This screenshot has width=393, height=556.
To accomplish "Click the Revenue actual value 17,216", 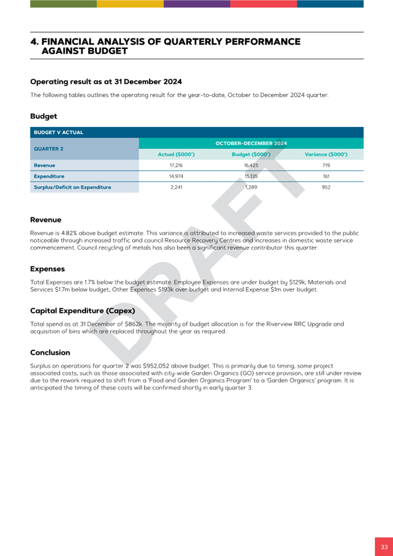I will pyautogui.click(x=176, y=165).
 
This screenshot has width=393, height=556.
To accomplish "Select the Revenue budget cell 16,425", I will pyautogui.click(x=251, y=165).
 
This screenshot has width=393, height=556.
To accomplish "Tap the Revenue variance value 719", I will pyautogui.click(x=326, y=165).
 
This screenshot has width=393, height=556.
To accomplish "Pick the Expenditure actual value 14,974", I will pyautogui.click(x=176, y=176).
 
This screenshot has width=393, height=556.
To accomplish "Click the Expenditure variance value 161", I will pyautogui.click(x=326, y=176).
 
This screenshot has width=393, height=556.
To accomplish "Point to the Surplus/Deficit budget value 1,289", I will pyautogui.click(x=251, y=187).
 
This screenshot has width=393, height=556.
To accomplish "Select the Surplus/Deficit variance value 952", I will pyautogui.click(x=326, y=187).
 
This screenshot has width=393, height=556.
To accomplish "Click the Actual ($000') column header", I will pyautogui.click(x=176, y=154).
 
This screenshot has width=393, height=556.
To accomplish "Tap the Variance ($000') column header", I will pyautogui.click(x=326, y=154).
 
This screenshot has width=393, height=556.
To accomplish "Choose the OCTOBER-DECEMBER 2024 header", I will pyautogui.click(x=251, y=143).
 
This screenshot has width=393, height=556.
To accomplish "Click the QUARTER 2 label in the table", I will pyautogui.click(x=49, y=148).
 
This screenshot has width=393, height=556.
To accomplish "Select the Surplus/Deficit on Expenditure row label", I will pyautogui.click(x=72, y=187).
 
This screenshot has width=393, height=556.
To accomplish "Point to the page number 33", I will pyautogui.click(x=384, y=547).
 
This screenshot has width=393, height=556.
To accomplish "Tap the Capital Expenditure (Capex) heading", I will pyautogui.click(x=82, y=310).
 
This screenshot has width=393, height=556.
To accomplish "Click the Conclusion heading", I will pyautogui.click(x=50, y=352).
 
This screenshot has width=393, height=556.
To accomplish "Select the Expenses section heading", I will pyautogui.click(x=47, y=269).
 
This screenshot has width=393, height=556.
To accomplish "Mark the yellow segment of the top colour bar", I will pyautogui.click(x=130, y=3).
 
